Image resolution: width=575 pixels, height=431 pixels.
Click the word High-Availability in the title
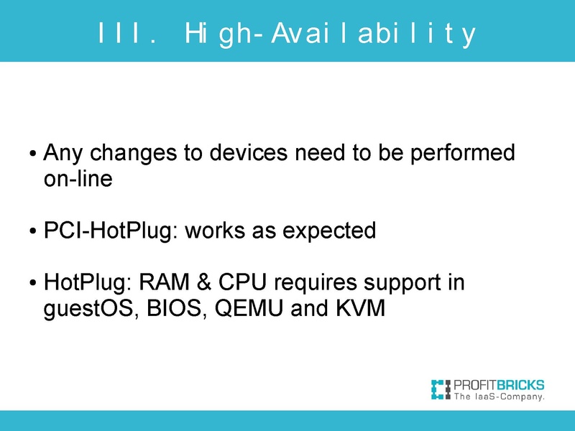[x=330, y=34]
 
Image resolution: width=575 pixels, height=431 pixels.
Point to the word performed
[x=463, y=153]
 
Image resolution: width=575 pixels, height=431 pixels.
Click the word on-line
[x=78, y=179]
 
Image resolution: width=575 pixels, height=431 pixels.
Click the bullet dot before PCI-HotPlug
[x=34, y=233]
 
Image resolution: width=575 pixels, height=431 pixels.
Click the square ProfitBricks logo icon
[x=440, y=388]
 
